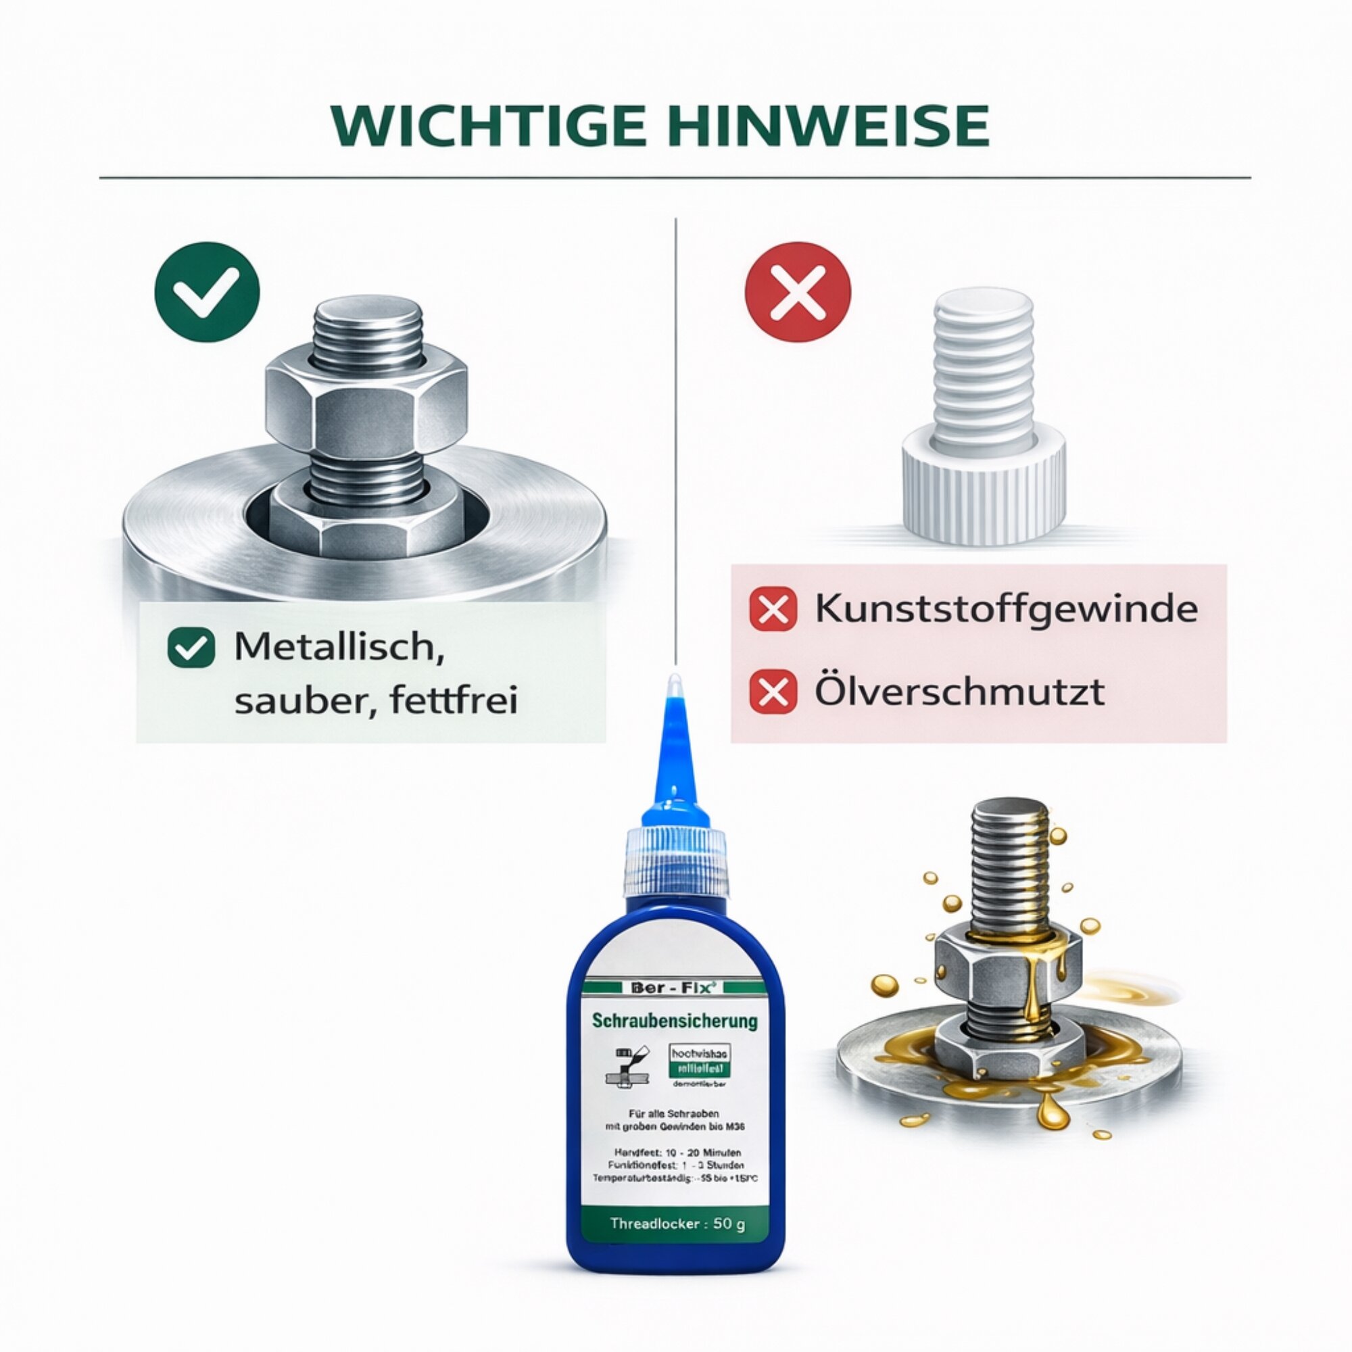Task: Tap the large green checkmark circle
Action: [x=207, y=291]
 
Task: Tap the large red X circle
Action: [x=798, y=291]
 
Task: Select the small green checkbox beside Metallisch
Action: [x=191, y=649]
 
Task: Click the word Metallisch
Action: [x=339, y=648]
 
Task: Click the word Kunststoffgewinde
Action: [x=1007, y=609]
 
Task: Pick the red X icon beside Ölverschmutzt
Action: [x=773, y=692]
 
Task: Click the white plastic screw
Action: [x=983, y=420]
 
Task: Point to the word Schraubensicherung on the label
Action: [x=675, y=1021]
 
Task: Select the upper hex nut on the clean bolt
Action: [x=366, y=406]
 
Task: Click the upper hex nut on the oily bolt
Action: [x=1008, y=955]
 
